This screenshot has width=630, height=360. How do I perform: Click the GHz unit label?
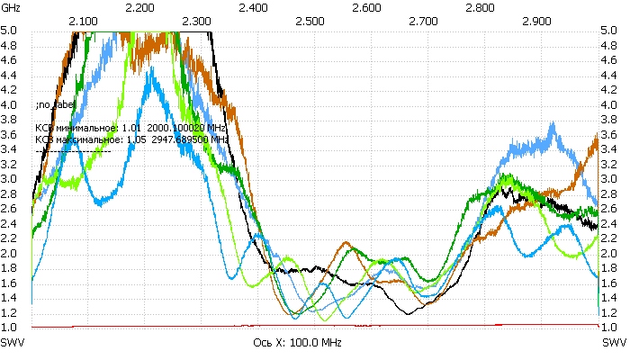[11, 6]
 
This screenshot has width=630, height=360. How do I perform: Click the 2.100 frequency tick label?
[84, 19]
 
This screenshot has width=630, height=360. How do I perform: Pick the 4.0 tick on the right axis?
[610, 105]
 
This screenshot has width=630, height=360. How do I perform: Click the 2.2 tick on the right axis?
[610, 238]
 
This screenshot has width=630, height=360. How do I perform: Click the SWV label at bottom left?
[13, 344]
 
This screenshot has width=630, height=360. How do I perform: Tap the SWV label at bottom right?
[615, 344]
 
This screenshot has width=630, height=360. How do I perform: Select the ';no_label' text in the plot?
[50, 105]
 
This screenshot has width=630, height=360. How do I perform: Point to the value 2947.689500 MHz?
[193, 140]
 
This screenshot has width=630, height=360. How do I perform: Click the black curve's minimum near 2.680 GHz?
[409, 312]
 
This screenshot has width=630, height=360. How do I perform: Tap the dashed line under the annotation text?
[73, 151]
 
